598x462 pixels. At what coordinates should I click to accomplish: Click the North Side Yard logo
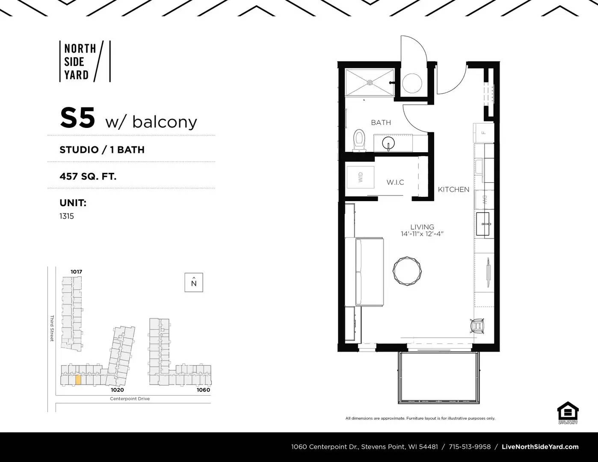85,61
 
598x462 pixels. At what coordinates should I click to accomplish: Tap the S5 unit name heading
77,118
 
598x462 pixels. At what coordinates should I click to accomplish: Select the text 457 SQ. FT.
88,176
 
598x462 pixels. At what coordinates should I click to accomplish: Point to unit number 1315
67,216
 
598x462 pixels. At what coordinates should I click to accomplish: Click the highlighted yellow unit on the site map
78,380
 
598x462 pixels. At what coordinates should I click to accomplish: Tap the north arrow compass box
194,282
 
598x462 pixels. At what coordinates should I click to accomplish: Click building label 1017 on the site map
77,272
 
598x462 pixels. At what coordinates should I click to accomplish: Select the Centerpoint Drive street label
130,399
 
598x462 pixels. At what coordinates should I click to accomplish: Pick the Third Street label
52,328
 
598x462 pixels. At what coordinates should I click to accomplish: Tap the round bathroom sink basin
388,142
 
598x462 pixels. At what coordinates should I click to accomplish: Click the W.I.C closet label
395,182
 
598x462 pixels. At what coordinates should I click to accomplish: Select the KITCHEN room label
453,189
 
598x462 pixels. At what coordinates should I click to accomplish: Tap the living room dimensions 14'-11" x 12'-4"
422,234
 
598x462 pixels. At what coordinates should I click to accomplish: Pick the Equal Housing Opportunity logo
568,412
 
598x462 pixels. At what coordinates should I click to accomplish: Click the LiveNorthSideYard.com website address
540,447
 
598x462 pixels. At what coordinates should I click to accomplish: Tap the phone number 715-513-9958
470,447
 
